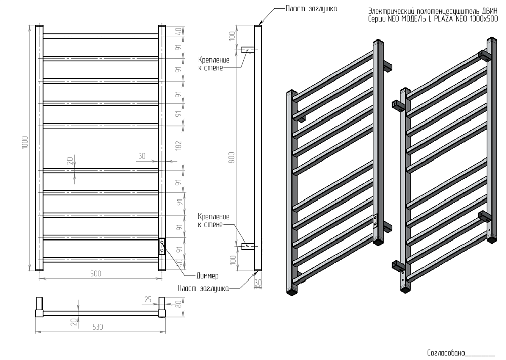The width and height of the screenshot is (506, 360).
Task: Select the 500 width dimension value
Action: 96,273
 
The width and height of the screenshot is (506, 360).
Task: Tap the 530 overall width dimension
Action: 97,327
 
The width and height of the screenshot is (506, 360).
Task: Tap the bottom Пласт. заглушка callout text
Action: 203,288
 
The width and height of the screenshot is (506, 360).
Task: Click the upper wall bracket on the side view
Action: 248,50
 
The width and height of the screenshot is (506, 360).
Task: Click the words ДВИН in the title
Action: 489,12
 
